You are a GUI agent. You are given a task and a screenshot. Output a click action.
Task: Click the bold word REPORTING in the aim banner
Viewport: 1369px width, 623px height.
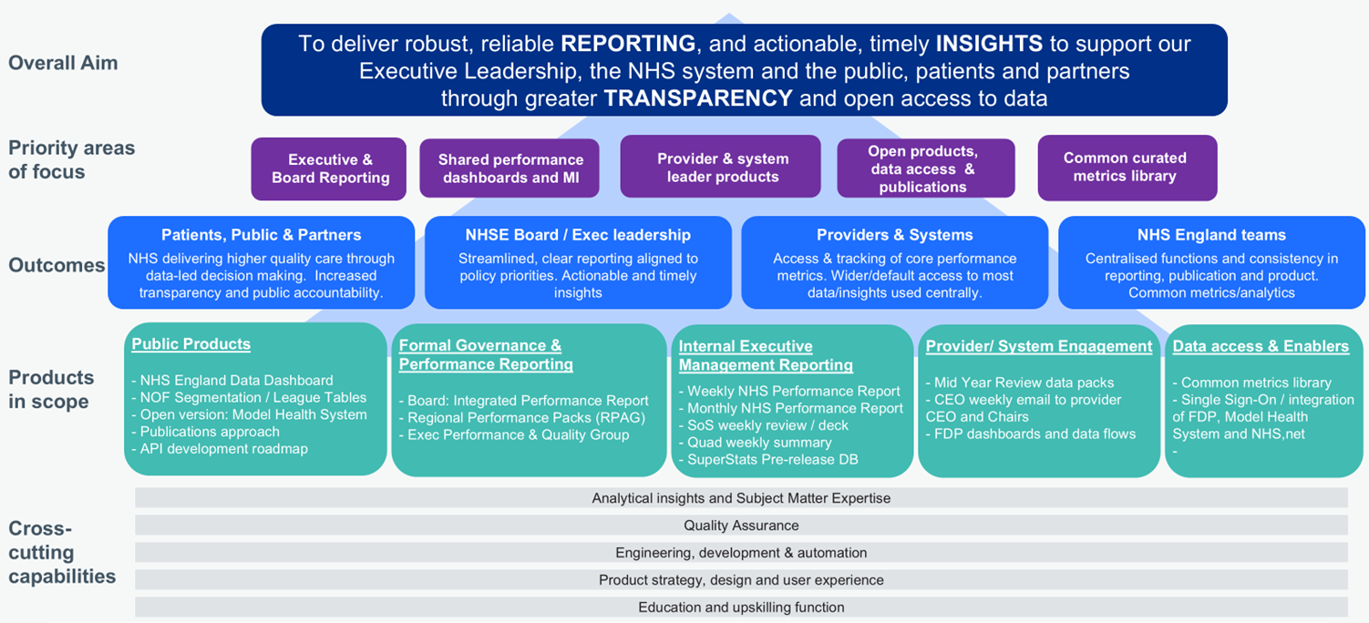click(x=628, y=44)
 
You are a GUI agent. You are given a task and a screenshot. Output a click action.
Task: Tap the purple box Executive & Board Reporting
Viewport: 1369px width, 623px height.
click(x=330, y=169)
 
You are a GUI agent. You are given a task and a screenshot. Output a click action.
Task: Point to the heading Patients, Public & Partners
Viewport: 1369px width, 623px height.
click(x=261, y=235)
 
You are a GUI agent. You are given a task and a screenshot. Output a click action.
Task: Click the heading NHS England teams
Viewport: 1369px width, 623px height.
click(x=1211, y=235)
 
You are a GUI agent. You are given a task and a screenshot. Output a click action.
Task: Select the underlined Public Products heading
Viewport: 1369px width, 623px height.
click(x=190, y=344)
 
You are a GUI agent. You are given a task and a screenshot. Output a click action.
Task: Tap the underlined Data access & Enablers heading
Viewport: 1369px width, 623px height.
click(x=1261, y=346)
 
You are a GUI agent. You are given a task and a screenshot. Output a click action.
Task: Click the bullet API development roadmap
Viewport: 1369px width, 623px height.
click(x=224, y=449)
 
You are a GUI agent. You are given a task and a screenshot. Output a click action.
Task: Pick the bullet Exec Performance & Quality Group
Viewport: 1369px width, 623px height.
click(x=519, y=435)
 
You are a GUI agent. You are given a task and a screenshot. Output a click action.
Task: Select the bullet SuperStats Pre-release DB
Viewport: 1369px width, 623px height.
click(x=773, y=460)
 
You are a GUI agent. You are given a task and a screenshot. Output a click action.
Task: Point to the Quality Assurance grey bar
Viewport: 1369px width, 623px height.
click(x=741, y=526)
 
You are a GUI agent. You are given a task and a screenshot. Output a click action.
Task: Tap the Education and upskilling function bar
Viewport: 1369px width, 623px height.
click(x=741, y=608)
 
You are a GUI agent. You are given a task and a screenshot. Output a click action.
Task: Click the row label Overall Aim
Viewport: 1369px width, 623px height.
click(x=63, y=63)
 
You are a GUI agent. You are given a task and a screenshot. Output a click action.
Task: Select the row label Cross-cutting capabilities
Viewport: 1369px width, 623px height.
click(x=62, y=553)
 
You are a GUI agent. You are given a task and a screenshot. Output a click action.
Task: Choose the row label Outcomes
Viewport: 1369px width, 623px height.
click(x=57, y=265)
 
